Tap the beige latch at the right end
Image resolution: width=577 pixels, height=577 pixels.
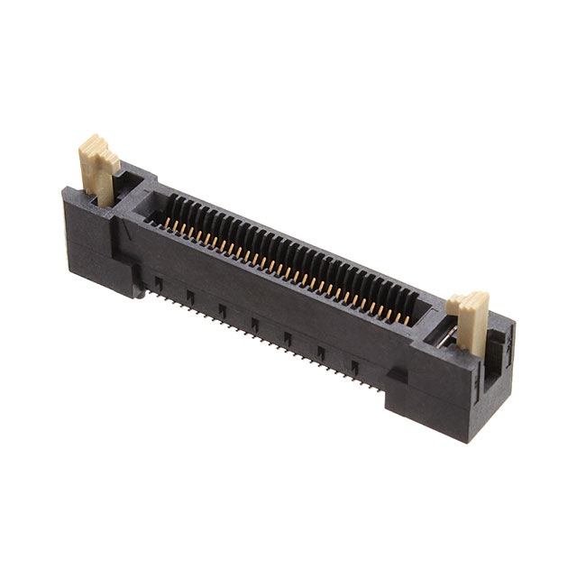(470, 320)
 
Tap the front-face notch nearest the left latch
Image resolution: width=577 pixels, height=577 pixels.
(159, 285)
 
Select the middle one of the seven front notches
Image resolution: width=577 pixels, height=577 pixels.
(256, 325)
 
